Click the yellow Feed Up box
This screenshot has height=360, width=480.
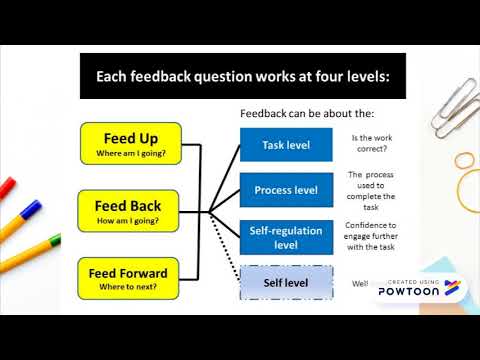129,142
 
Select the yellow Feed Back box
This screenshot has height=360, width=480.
129,208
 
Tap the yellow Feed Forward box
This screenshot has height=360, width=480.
129,277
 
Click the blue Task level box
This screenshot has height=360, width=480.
286,145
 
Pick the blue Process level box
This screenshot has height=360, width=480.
286,190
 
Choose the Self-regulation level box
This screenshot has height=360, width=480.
286,237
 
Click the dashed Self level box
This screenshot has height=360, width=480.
286,283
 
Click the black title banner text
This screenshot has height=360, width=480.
242,76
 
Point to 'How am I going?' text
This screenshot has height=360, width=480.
129,219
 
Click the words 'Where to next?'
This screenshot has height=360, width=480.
129,287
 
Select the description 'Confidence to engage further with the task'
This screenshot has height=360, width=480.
372,237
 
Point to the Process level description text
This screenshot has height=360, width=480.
372,190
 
